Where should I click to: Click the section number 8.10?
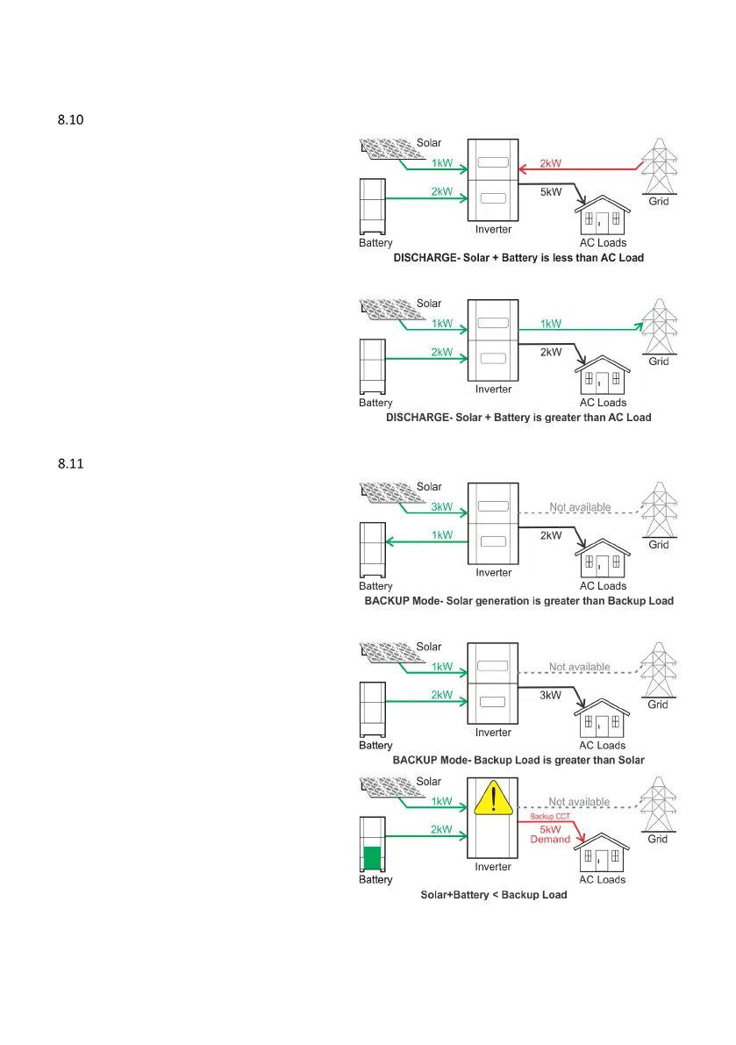[69, 120]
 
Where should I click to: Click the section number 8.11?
[69, 464]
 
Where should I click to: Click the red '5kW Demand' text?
[551, 834]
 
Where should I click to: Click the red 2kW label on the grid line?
[551, 163]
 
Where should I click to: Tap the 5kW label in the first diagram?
[551, 192]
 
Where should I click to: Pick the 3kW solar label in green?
[440, 506]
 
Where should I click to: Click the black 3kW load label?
[551, 695]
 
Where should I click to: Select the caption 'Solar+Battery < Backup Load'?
[494, 895]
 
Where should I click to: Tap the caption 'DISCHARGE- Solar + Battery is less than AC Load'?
[518, 258]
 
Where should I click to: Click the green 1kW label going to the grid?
[551, 323]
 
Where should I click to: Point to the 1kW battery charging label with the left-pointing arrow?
[440, 534]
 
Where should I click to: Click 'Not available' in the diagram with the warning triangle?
[579, 801]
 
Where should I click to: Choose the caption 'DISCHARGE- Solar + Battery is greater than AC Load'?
[518, 418]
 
